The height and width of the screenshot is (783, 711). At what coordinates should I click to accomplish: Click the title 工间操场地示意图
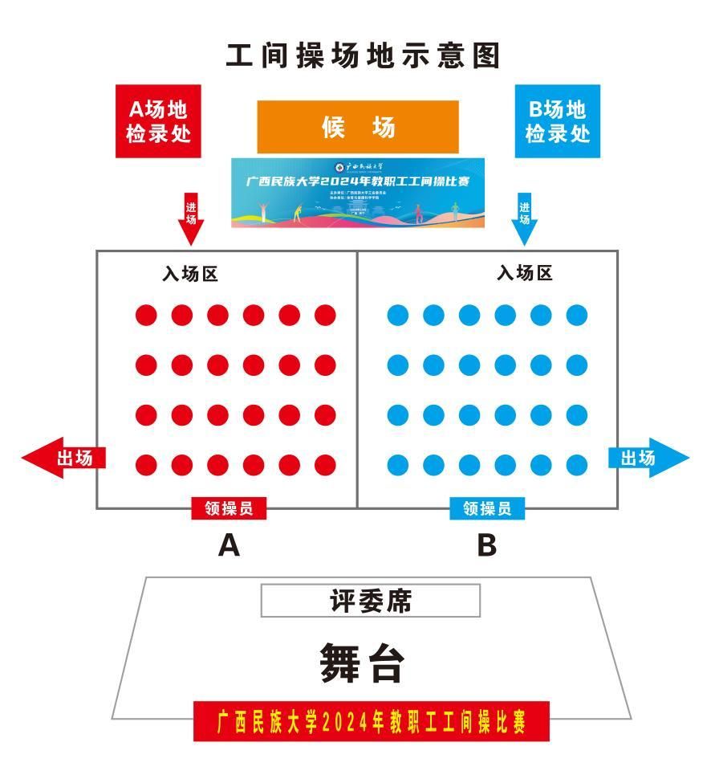coord(363,56)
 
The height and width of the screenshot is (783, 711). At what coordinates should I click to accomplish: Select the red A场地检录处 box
coord(159,120)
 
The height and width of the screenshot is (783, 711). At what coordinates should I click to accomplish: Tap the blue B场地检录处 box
coord(557,120)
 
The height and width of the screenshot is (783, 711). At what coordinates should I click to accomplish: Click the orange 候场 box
coord(358,127)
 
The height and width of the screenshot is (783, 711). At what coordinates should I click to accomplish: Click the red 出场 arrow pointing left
coord(63,458)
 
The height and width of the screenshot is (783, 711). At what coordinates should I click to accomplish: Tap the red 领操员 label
coord(229,508)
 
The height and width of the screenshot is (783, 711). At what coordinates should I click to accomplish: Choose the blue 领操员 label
coord(487,508)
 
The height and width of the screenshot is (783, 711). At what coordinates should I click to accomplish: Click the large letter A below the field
coord(230,546)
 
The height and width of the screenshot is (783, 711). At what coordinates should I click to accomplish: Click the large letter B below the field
coord(486,546)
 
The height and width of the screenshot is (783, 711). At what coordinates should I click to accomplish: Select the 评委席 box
coord(371,601)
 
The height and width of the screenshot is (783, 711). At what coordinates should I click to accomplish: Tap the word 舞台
coord(362,663)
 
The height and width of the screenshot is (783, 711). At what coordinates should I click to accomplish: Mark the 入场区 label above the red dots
coord(190,274)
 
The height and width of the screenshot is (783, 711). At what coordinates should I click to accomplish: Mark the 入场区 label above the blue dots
coord(525,274)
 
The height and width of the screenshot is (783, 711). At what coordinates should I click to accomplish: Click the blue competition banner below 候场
coord(358,193)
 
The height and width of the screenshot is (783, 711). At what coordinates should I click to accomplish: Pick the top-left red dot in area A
coord(146,315)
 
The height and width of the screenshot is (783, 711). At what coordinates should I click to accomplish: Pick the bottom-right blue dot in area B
coord(577,465)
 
